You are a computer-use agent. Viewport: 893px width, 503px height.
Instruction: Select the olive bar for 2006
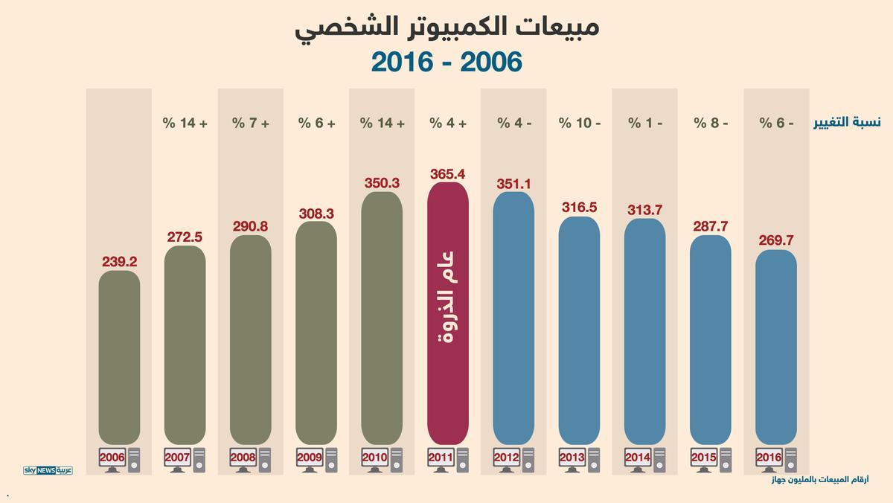pyautogui.click(x=119, y=357)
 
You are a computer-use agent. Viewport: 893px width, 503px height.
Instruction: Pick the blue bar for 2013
pyautogui.click(x=579, y=330)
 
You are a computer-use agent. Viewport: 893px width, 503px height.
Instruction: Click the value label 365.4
pyautogui.click(x=448, y=174)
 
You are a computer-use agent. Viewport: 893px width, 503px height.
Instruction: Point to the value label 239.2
pyautogui.click(x=119, y=262)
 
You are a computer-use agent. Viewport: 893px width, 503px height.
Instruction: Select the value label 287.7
pyautogui.click(x=711, y=226)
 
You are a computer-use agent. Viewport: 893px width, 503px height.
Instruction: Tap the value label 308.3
pyautogui.click(x=316, y=214)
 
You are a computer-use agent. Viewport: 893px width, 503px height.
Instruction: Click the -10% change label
pyautogui.click(x=580, y=123)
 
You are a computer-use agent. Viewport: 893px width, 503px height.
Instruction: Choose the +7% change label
pyautogui.click(x=251, y=123)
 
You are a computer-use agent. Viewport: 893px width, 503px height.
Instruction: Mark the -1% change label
pyautogui.click(x=645, y=123)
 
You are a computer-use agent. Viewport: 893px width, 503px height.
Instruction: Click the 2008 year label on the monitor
pyautogui.click(x=243, y=457)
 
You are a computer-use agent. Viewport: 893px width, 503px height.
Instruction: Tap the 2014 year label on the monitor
pyautogui.click(x=637, y=457)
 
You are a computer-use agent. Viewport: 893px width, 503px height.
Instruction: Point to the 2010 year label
pyautogui.click(x=374, y=457)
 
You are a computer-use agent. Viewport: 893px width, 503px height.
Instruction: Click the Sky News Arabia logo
pyautogui.click(x=48, y=470)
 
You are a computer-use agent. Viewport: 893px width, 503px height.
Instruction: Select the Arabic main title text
pyautogui.click(x=447, y=27)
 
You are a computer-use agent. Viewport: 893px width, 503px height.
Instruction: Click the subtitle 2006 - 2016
pyautogui.click(x=446, y=63)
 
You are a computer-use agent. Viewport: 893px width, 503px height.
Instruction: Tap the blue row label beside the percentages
pyautogui.click(x=847, y=123)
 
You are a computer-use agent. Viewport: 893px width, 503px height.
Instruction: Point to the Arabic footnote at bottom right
pyautogui.click(x=819, y=480)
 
